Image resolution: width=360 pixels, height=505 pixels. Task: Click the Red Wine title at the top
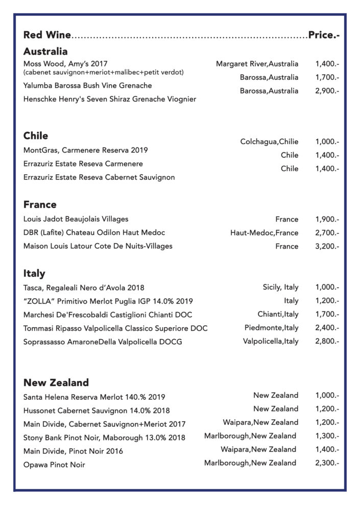47,35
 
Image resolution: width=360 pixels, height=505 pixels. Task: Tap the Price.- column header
324,35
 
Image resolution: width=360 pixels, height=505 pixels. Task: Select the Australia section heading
45,52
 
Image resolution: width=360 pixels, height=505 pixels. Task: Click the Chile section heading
36,136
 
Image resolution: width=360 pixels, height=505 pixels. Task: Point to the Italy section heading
34,273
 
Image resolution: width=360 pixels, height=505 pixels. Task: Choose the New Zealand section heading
56,382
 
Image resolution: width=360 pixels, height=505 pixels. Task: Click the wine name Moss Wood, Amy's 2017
62,64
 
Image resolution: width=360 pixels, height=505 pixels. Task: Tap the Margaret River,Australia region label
257,64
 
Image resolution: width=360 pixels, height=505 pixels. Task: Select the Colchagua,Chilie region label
269,141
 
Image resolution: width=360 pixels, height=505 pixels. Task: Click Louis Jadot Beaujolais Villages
76,219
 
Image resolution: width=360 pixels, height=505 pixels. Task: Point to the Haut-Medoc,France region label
264,233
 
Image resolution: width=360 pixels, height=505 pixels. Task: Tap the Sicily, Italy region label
280,287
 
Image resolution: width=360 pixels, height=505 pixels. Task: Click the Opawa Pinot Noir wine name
54,465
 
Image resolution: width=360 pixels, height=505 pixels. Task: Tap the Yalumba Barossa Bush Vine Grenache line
87,85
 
